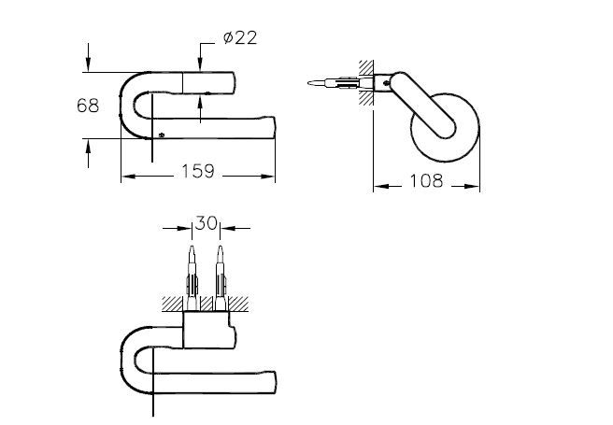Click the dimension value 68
click(88, 106)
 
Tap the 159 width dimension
click(197, 172)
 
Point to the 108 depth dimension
click(426, 181)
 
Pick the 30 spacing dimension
click(206, 224)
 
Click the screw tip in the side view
click(312, 85)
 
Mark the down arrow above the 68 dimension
click(88, 63)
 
